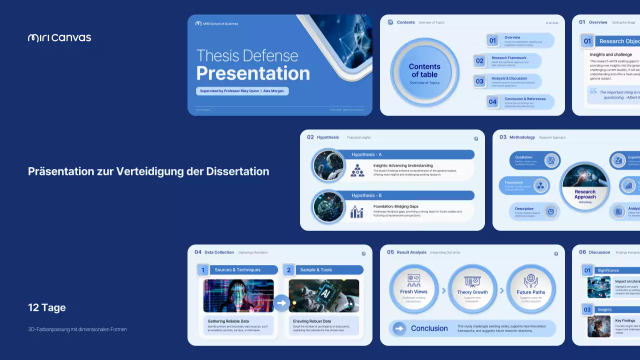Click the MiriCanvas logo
pyautogui.click(x=59, y=37)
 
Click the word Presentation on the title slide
pyautogui.click(x=253, y=73)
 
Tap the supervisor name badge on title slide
pyautogui.click(x=242, y=91)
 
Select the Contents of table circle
pyautogui.click(x=424, y=72)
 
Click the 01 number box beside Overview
pyautogui.click(x=493, y=40)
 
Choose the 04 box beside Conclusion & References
pyautogui.click(x=493, y=102)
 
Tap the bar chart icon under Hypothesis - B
pyautogui.click(x=357, y=212)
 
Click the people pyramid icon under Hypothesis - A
pyautogui.click(x=357, y=170)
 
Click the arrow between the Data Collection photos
pyautogui.click(x=281, y=303)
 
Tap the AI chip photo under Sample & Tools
pyautogui.click(x=323, y=295)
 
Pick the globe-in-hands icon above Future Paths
pyautogui.click(x=531, y=280)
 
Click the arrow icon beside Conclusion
pyautogui.click(x=399, y=328)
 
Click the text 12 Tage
pyautogui.click(x=47, y=307)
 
